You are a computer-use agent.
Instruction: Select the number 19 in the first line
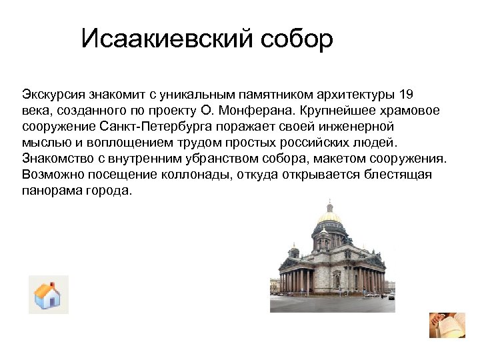407,93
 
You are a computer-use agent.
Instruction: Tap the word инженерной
360,126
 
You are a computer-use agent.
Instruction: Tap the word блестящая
399,174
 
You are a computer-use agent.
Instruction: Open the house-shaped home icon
48,294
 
